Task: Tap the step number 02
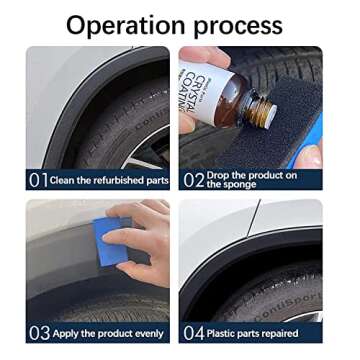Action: point(193,180)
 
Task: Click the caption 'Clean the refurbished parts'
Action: point(110,180)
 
